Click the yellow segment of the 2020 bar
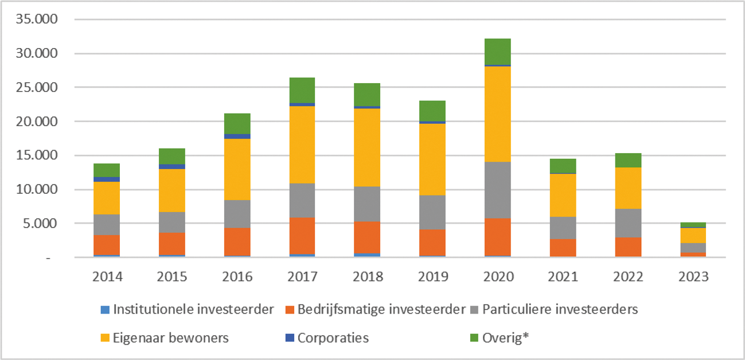click(x=497, y=114)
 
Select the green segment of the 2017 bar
click(x=302, y=90)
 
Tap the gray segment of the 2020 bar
click(x=497, y=190)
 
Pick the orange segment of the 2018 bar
click(x=367, y=237)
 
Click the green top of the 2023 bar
click(x=692, y=225)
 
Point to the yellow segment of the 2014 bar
click(x=107, y=198)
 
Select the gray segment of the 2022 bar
click(x=627, y=223)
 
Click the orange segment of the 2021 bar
click(x=562, y=248)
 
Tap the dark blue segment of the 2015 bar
click(x=171, y=166)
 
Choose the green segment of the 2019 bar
click(x=432, y=111)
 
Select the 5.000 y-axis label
click(x=42, y=224)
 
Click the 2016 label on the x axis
click(x=237, y=277)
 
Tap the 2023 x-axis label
click(x=692, y=277)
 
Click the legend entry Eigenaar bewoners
click(x=170, y=338)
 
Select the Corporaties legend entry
click(x=333, y=338)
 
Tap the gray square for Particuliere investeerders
click(x=475, y=310)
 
